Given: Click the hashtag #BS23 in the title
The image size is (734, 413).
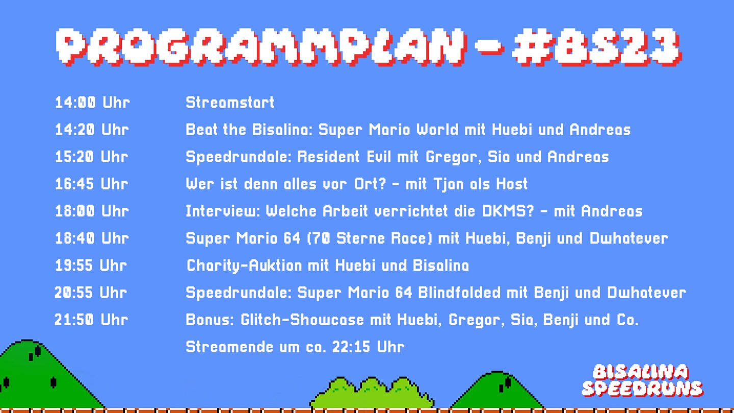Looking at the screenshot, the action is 597,47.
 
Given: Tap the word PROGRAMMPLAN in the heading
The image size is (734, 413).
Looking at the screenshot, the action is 261,47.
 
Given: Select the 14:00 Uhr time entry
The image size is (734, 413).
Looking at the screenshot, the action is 92,102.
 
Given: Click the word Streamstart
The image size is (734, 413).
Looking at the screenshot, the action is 230,102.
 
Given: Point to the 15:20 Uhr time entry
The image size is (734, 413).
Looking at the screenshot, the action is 91,157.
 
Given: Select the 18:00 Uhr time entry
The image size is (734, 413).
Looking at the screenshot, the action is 92,211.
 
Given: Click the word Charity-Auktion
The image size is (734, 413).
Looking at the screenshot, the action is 244,266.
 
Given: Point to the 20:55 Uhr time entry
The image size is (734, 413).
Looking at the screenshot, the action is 91,292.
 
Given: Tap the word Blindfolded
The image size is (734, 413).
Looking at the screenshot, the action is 459,292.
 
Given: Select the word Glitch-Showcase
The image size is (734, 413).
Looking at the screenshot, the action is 302,320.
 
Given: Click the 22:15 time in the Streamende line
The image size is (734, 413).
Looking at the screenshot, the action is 352,347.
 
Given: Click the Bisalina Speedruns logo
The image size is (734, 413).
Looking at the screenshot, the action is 642,381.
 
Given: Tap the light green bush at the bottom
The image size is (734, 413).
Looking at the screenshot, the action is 372,393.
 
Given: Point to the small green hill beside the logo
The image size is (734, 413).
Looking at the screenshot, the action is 498,392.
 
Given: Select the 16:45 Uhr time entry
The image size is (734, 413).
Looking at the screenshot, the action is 91,184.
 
